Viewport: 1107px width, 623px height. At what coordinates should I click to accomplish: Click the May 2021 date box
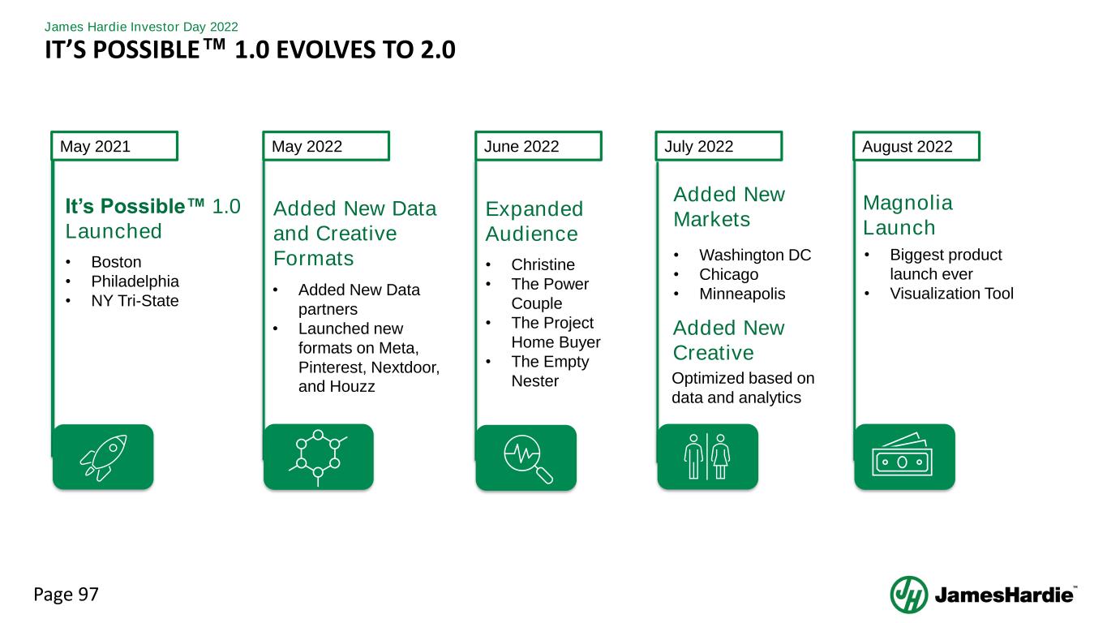coord(114,146)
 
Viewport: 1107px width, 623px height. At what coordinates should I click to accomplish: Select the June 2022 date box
coord(538,146)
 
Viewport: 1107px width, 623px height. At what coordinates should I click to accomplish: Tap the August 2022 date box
coord(916,146)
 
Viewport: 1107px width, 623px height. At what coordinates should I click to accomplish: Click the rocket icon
coord(103,458)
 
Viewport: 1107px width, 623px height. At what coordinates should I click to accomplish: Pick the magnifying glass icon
coord(528,458)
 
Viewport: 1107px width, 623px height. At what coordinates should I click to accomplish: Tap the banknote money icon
coord(903,454)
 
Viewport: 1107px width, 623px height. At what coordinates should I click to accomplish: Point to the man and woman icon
coord(707,457)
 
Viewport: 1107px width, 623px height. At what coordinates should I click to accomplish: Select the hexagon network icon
coord(318,457)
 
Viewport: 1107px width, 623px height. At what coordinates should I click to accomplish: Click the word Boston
coord(116,261)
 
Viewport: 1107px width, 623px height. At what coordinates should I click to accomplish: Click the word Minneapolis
coord(742,294)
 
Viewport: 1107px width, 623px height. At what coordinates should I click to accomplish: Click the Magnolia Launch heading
coord(907,215)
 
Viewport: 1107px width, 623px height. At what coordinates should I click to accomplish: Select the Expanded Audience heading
coord(534,221)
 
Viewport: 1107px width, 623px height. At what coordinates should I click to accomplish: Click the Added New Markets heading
coord(729,207)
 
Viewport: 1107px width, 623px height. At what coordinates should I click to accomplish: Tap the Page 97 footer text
coord(66,595)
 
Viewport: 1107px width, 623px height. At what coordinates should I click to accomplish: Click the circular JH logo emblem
coord(909,595)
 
